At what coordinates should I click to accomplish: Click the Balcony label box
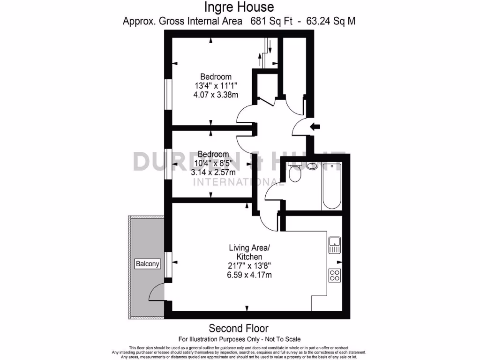(x=148, y=264)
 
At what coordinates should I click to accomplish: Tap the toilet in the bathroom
(x=295, y=174)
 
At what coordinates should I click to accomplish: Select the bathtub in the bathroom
(x=332, y=187)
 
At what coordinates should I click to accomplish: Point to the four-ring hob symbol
(x=335, y=275)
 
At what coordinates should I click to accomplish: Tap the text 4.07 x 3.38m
(x=216, y=95)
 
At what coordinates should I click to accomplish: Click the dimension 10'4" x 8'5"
(x=213, y=163)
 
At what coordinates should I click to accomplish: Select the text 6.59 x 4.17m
(x=248, y=275)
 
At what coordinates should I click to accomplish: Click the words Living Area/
(x=249, y=247)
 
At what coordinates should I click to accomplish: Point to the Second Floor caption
(x=239, y=328)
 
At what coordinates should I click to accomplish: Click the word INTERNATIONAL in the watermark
(x=239, y=181)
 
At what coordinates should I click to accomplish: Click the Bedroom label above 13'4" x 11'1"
(x=216, y=77)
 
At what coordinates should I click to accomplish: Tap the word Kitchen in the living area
(x=249, y=257)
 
